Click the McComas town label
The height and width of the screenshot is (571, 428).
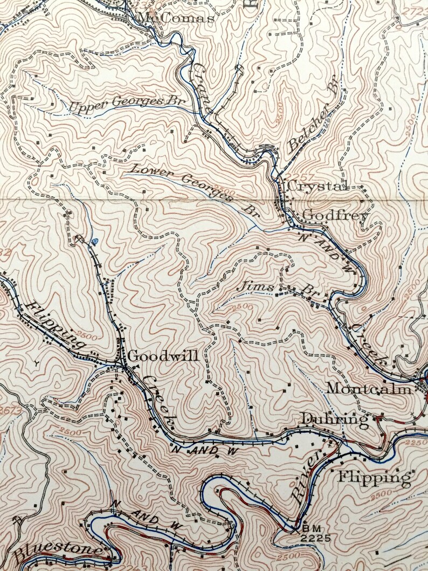coord(176,18)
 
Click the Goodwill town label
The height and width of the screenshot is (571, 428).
coord(163,356)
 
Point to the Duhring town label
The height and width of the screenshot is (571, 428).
coord(334,418)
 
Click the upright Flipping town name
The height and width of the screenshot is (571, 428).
coord(374,477)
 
